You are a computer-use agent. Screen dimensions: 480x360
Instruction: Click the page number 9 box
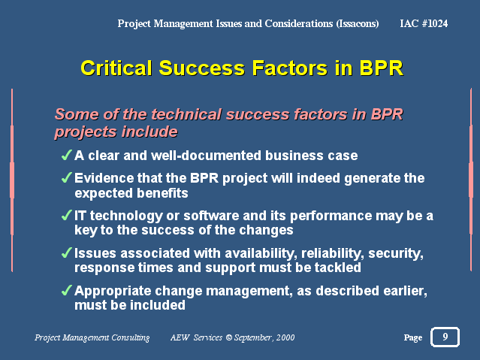pyautogui.click(x=445, y=337)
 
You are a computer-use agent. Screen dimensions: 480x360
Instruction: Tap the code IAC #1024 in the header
pyautogui.click(x=424, y=23)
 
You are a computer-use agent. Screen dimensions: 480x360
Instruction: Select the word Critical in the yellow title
pyautogui.click(x=116, y=68)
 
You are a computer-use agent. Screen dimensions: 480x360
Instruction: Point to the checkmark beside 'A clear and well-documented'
pyautogui.click(x=67, y=155)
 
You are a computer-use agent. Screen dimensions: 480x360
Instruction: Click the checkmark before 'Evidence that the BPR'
pyautogui.click(x=67, y=177)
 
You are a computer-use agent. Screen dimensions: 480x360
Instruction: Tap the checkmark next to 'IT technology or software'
pyautogui.click(x=67, y=215)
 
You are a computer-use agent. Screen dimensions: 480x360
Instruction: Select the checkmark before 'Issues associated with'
pyautogui.click(x=67, y=253)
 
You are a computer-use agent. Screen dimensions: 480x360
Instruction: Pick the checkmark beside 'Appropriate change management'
pyautogui.click(x=67, y=290)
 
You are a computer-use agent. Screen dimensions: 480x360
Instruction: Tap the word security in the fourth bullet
pyautogui.click(x=396, y=254)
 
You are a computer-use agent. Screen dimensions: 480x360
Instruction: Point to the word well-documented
pyautogui.click(x=207, y=156)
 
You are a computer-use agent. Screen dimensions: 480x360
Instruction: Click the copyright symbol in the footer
pyautogui.click(x=228, y=337)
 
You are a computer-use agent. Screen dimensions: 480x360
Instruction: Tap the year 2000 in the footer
pyautogui.click(x=285, y=337)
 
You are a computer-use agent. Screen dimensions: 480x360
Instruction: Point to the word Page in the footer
pyautogui.click(x=413, y=337)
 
